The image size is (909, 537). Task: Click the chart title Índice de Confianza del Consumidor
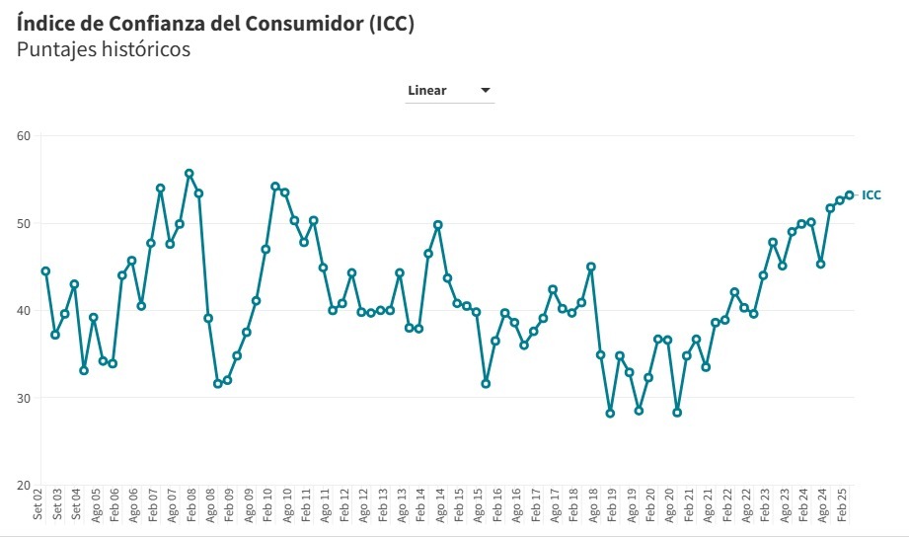[215, 23]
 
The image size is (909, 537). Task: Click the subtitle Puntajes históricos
[104, 49]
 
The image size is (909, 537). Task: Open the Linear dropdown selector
[450, 91]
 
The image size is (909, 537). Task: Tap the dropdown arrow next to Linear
[486, 91]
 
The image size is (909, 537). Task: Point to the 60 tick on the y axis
[24, 135]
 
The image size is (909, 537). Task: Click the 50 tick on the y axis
[24, 223]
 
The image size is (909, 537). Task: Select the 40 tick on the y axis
[24, 311]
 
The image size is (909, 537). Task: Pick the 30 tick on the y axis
[24, 398]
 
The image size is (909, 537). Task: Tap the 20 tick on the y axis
[24, 486]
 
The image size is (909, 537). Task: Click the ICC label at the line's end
[871, 195]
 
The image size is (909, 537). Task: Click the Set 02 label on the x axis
[38, 505]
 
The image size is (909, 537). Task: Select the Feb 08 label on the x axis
[191, 505]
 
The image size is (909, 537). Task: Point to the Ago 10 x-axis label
[287, 505]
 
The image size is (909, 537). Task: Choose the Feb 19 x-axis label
[613, 505]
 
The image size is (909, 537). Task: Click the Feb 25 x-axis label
[843, 505]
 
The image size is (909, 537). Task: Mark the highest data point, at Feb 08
[189, 174]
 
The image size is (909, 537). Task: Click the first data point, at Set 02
[45, 270]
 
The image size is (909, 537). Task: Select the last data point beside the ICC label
[849, 194]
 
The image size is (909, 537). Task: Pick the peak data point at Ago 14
[437, 225]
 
